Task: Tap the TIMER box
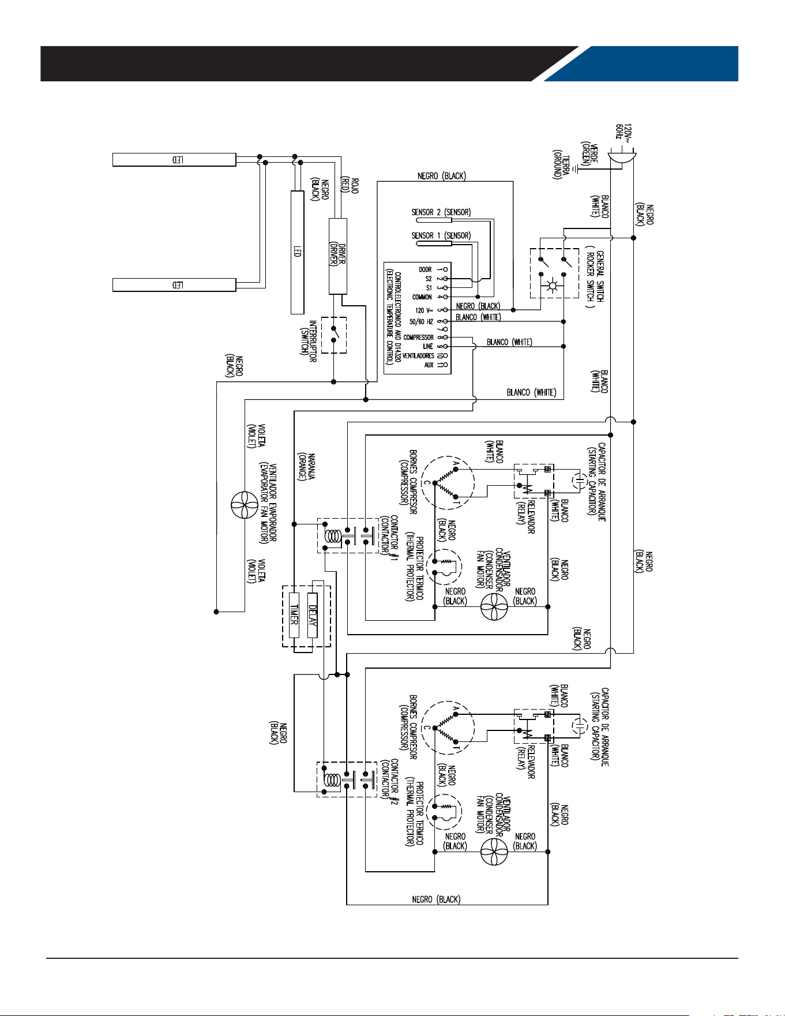[294, 615]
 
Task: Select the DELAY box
[312, 615]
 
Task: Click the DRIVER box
[338, 256]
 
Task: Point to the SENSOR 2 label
[441, 212]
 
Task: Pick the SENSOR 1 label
[441, 235]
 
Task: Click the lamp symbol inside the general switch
[553, 286]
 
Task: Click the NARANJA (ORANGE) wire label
[301, 466]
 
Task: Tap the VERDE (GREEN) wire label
[589, 153]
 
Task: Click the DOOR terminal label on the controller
[425, 269]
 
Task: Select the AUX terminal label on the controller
[429, 365]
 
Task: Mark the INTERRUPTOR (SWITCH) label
[309, 341]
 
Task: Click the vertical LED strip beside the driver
[297, 252]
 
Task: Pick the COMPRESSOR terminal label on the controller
[418, 338]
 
